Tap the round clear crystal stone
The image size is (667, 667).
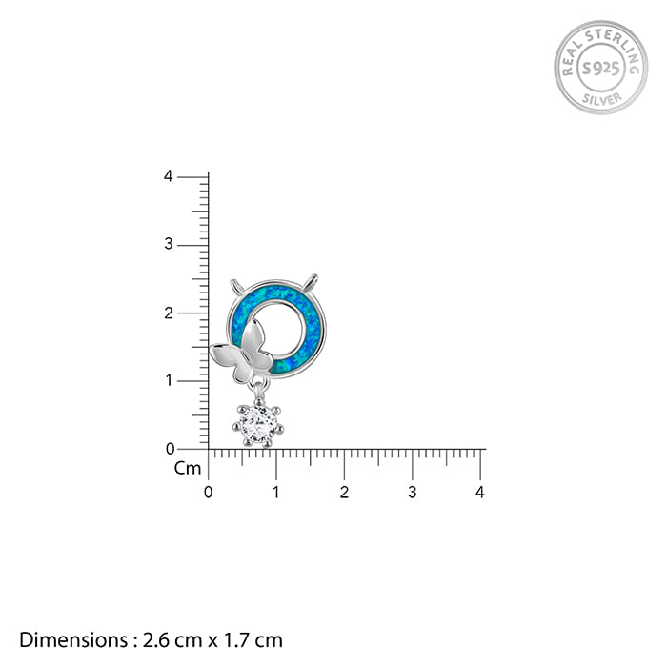(258, 424)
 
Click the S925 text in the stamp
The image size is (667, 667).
(600, 68)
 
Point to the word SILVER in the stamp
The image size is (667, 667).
(602, 99)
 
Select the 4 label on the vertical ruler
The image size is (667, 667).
(169, 176)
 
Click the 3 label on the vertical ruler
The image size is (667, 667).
(169, 244)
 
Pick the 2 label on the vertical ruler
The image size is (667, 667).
(169, 313)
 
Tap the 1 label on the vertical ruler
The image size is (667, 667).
(169, 380)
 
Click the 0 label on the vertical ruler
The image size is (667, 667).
(170, 449)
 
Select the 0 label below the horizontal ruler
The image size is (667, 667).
(208, 493)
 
